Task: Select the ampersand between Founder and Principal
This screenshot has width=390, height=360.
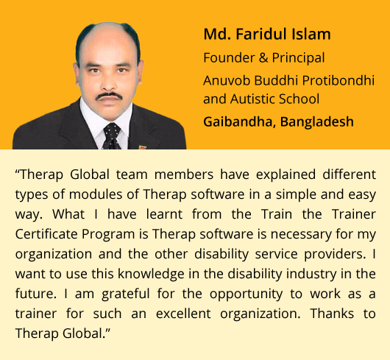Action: (263, 57)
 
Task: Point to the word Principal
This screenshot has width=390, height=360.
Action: (298, 58)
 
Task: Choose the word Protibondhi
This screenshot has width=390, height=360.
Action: (338, 80)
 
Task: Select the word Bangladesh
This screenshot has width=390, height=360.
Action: (317, 122)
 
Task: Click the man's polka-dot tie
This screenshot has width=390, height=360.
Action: (111, 136)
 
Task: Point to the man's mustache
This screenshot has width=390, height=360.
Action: (109, 96)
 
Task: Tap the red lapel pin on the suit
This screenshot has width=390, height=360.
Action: (142, 147)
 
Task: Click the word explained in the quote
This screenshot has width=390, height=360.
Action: (286, 175)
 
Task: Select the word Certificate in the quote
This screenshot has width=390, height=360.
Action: (46, 234)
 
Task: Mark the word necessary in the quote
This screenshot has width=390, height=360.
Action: (301, 235)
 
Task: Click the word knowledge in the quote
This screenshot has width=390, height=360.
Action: (152, 275)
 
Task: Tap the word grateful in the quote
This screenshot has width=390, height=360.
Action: (126, 294)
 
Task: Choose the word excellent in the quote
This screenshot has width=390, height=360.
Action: (183, 314)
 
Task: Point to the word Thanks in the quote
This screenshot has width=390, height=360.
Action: (332, 314)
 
